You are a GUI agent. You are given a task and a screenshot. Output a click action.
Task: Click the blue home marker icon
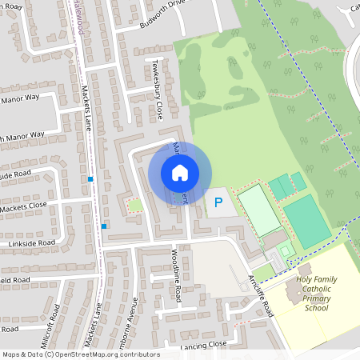(x=180, y=173)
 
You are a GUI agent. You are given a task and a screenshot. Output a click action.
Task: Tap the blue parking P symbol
(x=218, y=203)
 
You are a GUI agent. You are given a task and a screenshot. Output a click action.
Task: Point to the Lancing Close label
(x=204, y=344)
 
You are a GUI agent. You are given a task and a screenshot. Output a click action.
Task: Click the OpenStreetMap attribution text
(x=81, y=354)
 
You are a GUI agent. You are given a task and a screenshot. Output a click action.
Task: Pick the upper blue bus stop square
(x=91, y=179)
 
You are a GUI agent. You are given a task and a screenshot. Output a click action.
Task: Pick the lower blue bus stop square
(x=104, y=226)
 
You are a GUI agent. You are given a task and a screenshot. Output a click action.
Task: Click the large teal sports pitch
(x=306, y=221)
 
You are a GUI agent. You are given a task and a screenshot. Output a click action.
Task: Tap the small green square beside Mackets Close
(x=135, y=206)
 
